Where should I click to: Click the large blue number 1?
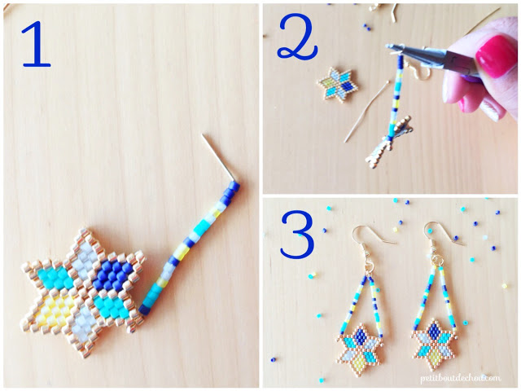click(x=37, y=44)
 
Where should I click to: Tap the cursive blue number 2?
click(x=297, y=37)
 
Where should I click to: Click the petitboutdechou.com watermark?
click(x=460, y=378)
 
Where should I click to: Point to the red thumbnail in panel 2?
click(x=492, y=57)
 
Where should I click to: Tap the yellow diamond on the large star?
click(x=55, y=310)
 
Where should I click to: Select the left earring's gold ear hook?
click(x=371, y=238)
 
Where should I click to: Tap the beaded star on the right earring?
click(x=434, y=345)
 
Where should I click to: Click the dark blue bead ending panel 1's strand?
click(x=145, y=310)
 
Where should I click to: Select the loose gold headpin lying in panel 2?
click(x=366, y=111)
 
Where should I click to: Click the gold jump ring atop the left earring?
click(x=370, y=264)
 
